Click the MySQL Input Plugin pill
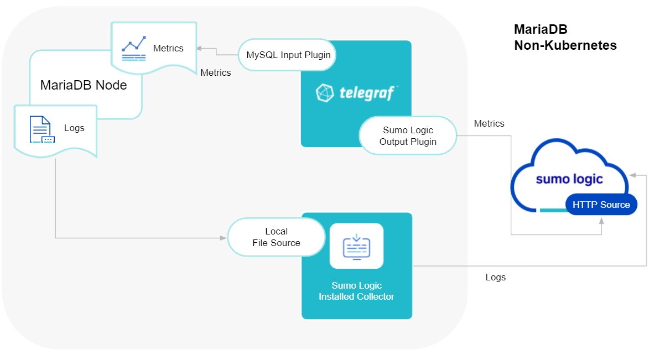click(x=288, y=55)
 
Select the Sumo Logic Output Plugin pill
click(x=408, y=135)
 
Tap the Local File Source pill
click(x=276, y=237)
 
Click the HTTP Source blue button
click(x=601, y=205)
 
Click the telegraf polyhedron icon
click(x=325, y=93)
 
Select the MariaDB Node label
click(x=84, y=85)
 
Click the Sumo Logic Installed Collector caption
click(x=356, y=291)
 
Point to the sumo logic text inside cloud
click(x=569, y=179)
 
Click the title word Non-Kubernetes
click(x=565, y=45)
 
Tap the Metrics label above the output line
click(x=489, y=123)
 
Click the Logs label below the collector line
click(x=495, y=277)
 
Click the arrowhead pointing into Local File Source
click(x=224, y=238)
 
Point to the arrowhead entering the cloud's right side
click(x=633, y=175)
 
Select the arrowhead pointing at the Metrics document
click(x=200, y=48)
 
